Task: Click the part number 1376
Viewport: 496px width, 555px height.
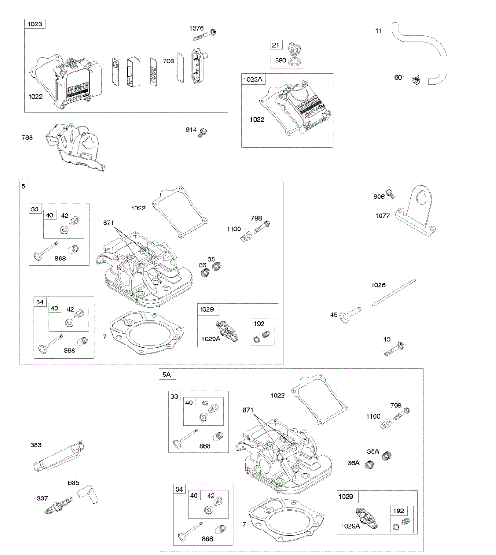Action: click(196, 28)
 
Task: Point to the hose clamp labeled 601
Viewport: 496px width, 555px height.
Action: click(417, 80)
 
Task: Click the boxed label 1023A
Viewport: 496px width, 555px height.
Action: click(253, 80)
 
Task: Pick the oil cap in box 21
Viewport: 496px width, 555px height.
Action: click(293, 49)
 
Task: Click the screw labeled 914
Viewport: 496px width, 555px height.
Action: click(202, 132)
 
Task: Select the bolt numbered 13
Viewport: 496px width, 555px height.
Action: click(395, 350)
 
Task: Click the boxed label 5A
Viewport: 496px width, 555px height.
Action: click(166, 374)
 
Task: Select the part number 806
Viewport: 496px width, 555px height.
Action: click(379, 197)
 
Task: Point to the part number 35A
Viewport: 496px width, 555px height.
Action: click(373, 451)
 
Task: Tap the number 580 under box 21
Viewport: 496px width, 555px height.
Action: click(280, 60)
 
